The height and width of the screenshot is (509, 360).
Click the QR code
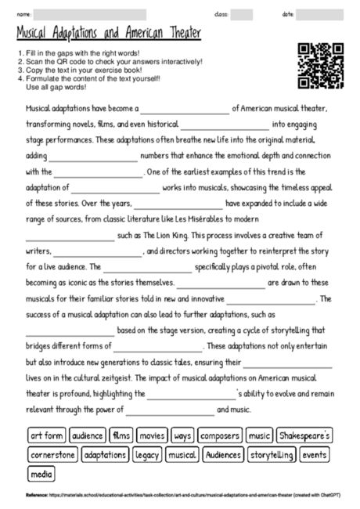[x=321, y=65]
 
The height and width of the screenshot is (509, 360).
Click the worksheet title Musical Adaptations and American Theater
[x=108, y=34]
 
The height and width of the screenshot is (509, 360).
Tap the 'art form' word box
[x=46, y=435]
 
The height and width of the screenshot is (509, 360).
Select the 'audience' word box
[x=87, y=435]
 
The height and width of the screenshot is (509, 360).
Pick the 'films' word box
[x=122, y=435]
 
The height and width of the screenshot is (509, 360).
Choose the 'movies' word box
[x=153, y=435]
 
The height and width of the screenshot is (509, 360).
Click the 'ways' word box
[x=182, y=435]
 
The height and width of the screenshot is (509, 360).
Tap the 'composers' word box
[x=219, y=435]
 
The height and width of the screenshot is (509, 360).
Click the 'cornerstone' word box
[x=53, y=454]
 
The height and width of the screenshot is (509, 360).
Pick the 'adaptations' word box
[x=105, y=454]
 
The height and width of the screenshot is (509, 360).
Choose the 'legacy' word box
[x=147, y=454]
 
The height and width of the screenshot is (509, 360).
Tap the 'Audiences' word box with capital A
[x=224, y=454]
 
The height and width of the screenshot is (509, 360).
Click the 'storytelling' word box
[x=272, y=454]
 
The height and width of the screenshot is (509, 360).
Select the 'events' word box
[x=315, y=454]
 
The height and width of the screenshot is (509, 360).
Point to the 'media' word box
[x=41, y=474]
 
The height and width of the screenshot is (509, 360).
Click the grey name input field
[x=90, y=14]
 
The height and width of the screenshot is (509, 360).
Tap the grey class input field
[x=241, y=14]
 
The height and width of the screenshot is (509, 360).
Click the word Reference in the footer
[x=37, y=496]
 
